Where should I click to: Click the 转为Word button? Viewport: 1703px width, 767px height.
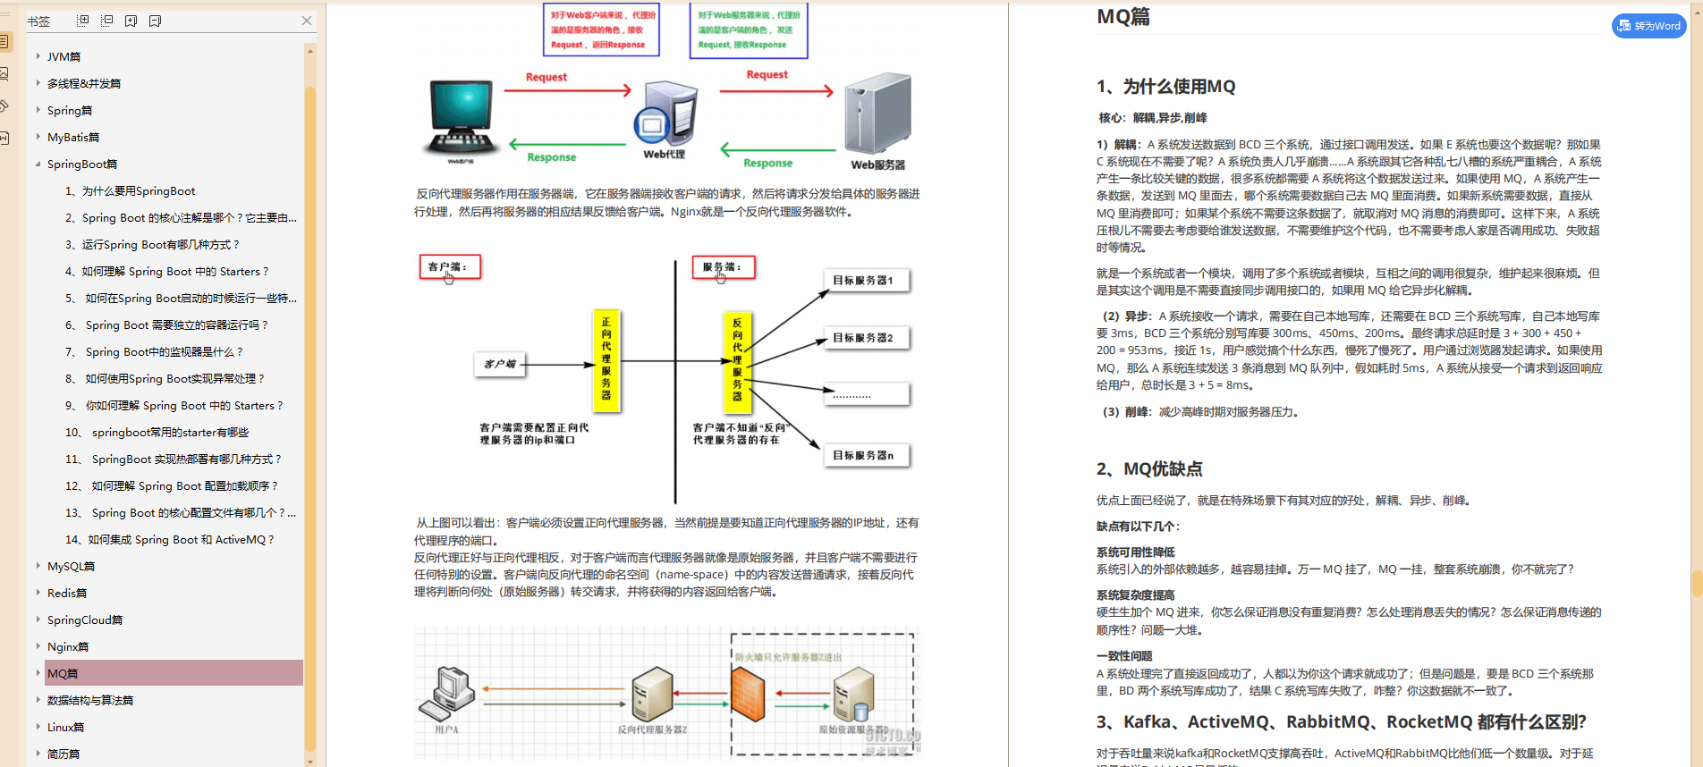(x=1648, y=26)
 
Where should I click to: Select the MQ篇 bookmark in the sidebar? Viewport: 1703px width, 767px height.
(x=63, y=673)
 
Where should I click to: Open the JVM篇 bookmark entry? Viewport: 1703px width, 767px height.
(x=64, y=56)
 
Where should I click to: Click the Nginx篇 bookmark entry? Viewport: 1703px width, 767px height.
(x=68, y=646)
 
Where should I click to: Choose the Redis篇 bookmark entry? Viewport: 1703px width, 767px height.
(x=67, y=593)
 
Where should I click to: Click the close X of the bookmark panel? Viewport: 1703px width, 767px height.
(x=307, y=21)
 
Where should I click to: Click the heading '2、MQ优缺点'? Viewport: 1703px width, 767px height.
(x=1149, y=468)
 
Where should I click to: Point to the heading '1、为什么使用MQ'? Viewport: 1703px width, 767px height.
(x=1165, y=87)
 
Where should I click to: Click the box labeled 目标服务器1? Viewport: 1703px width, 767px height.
(x=866, y=280)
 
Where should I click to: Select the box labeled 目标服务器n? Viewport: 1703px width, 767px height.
(x=866, y=455)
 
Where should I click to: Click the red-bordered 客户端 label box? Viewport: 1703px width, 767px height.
(x=450, y=266)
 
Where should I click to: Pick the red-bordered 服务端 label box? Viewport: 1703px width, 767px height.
(x=723, y=266)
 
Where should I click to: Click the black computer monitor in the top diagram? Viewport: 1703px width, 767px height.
(x=461, y=116)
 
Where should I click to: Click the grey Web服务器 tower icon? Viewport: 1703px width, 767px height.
(x=878, y=114)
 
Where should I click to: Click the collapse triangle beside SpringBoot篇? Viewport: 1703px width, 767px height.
(x=38, y=164)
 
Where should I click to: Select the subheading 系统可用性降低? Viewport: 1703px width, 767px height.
(x=1136, y=552)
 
